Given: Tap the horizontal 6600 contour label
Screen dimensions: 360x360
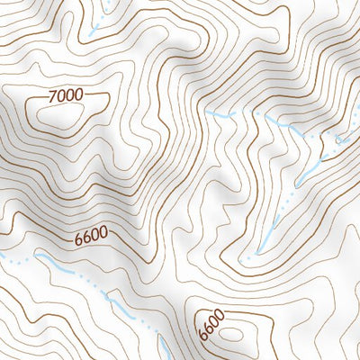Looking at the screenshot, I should click(x=91, y=238).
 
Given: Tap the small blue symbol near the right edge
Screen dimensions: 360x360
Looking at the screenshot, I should click(x=340, y=141).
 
